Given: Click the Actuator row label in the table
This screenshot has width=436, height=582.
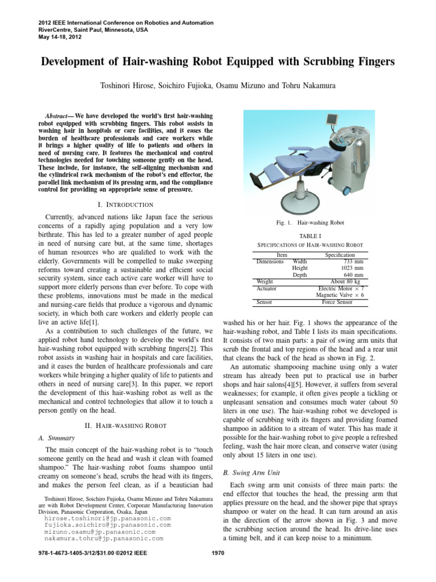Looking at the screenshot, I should click(x=267, y=288).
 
